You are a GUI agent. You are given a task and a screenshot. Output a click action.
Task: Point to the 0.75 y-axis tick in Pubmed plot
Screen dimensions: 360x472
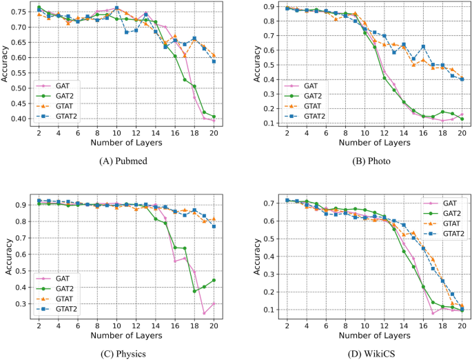[22, 12]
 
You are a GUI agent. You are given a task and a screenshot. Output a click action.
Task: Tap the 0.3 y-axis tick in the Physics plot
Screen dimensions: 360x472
[22, 304]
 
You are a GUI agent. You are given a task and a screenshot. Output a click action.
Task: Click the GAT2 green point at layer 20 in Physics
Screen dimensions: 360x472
[214, 280]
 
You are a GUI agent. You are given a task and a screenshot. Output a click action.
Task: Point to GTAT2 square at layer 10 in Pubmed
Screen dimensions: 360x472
[116, 8]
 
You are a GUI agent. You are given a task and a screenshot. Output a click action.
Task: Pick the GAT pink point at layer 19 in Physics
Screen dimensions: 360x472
[205, 313]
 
